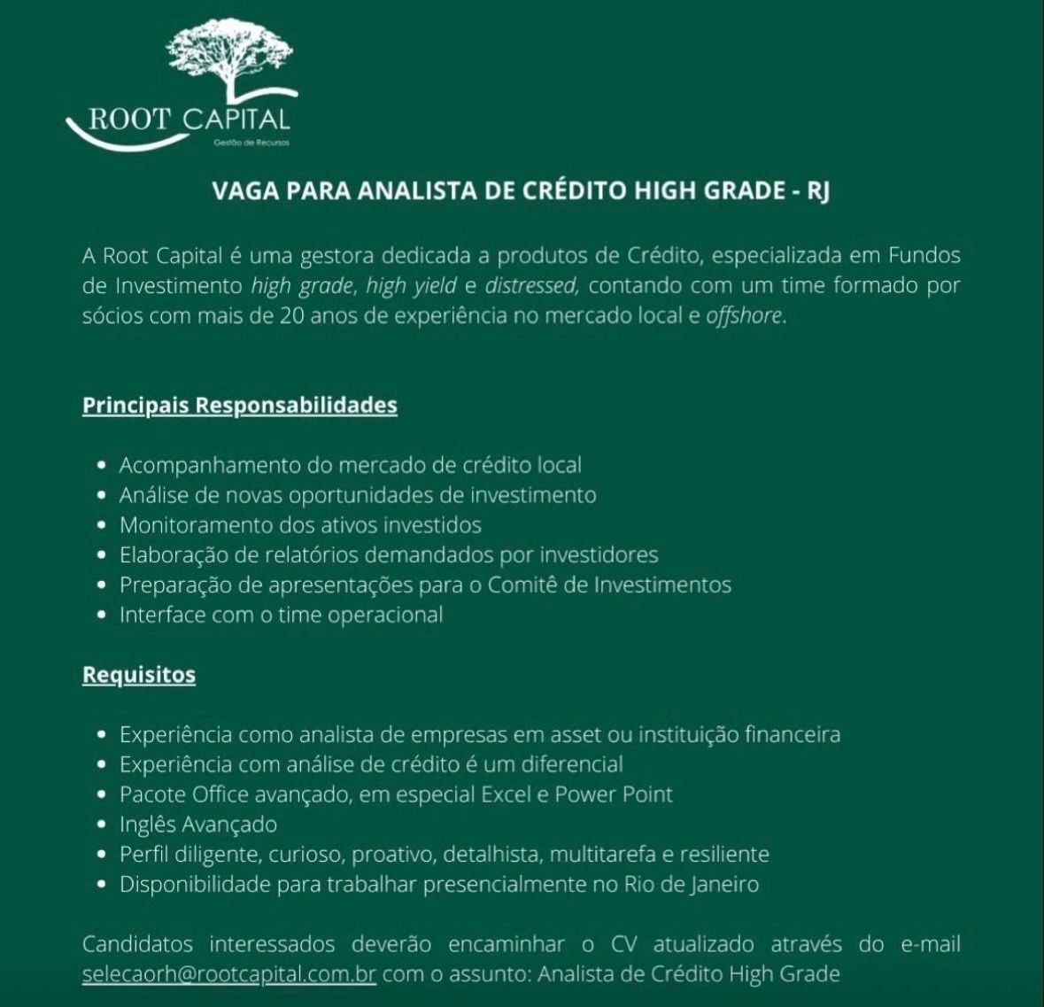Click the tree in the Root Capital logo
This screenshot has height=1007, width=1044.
coord(232,58)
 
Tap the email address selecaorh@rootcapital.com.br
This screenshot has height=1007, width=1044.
coord(229,974)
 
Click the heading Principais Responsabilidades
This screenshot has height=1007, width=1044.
coord(240,406)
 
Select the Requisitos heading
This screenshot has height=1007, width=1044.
coord(139,675)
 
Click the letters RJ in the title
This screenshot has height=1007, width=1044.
coord(817,192)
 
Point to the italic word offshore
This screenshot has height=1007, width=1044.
coord(744,316)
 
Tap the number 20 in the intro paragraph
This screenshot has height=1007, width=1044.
coord(293,316)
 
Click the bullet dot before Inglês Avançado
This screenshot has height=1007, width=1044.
coord(103,825)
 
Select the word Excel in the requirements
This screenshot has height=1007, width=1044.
coord(506,794)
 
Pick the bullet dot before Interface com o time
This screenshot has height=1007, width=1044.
coord(103,615)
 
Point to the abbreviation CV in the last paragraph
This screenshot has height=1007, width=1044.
coord(624,944)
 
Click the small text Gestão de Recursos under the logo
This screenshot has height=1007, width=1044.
coord(251,143)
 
